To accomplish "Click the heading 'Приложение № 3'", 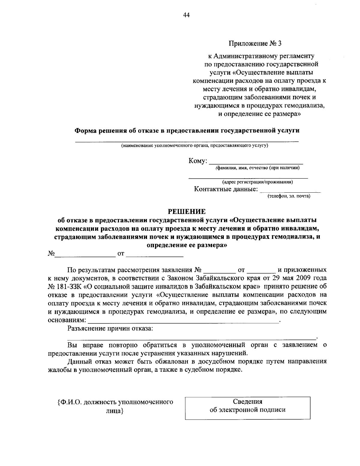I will pyautogui.click(x=256, y=44).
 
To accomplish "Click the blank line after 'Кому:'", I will pyautogui.click(x=256, y=162).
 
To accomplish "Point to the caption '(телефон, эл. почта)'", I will pyautogui.click(x=289, y=196).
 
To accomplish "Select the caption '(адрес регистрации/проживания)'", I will pyautogui.click(x=257, y=182).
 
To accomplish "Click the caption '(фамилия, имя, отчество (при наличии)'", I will pyautogui.click(x=257, y=168).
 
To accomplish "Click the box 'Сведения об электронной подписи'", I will pyautogui.click(x=247, y=406).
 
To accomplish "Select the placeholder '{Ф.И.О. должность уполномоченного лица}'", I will pyautogui.click(x=115, y=406).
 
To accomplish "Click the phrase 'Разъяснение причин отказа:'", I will pyautogui.click(x=110, y=328).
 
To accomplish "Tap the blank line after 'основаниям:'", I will pyautogui.click(x=183, y=321).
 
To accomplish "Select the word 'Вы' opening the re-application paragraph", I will pyautogui.click(x=72, y=345).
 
